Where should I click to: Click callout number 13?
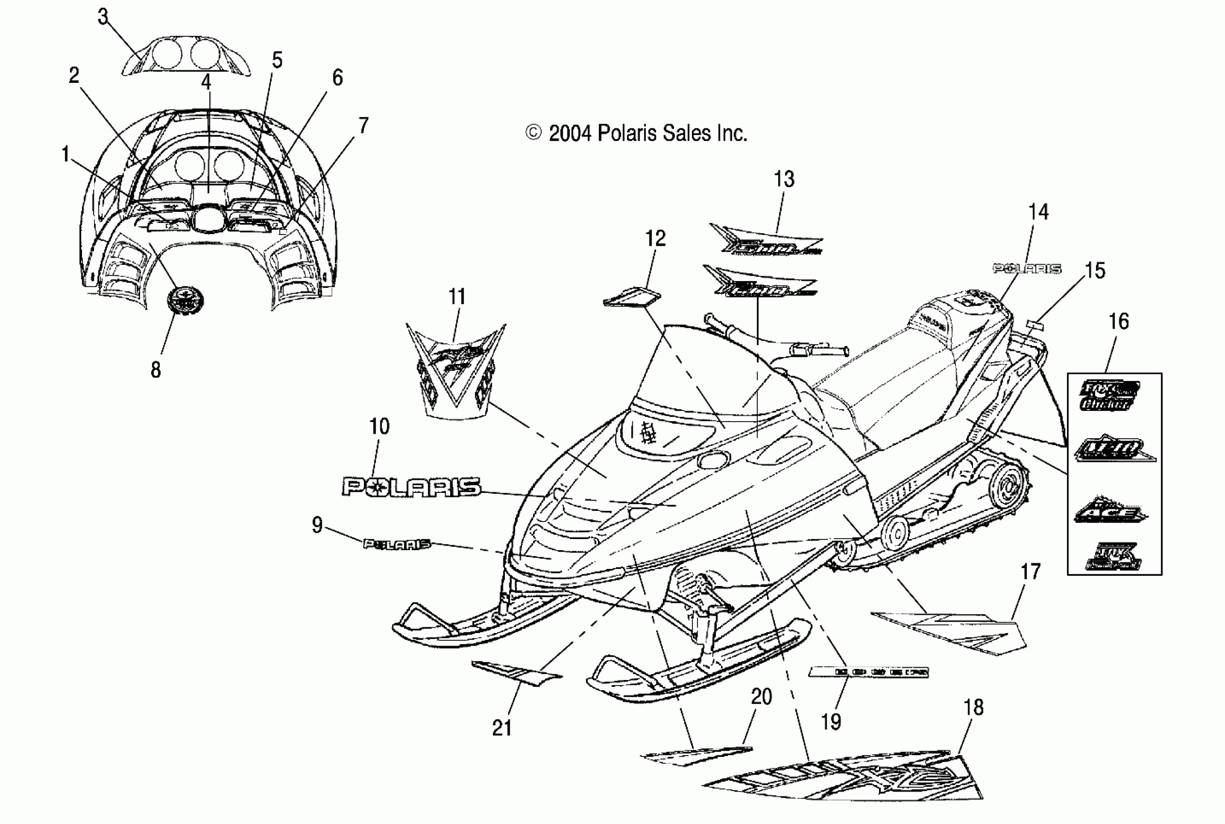784,180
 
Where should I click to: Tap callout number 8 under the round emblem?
156,370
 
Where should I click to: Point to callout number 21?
502,728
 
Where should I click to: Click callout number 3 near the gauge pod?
103,17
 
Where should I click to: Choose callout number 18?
974,708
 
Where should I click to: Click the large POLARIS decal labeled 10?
411,487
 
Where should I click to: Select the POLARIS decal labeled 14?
1026,269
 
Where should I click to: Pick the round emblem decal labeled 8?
185,301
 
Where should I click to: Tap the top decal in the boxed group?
1108,395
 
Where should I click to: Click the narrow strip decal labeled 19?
868,672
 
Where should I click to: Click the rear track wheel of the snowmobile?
1007,487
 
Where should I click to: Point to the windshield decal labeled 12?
632,297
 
